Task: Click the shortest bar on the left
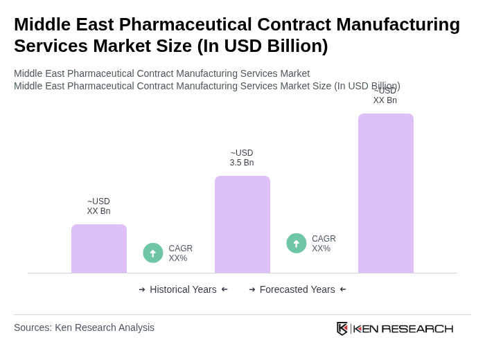99,249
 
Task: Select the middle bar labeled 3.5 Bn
242,224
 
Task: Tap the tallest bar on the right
386,193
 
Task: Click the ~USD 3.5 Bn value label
242,158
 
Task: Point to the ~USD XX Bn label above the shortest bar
98,206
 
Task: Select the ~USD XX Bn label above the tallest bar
385,96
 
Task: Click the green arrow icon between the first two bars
153,253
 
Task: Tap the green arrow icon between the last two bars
297,243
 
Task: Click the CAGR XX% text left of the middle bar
180,253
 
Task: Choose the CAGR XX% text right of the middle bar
324,244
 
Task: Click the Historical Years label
183,289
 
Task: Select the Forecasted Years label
297,289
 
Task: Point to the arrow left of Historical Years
142,289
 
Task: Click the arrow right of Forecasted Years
343,289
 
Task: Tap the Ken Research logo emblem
342,328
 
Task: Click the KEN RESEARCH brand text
403,328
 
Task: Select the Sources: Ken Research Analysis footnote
84,327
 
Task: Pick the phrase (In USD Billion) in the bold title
263,46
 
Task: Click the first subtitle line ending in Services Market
161,73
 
